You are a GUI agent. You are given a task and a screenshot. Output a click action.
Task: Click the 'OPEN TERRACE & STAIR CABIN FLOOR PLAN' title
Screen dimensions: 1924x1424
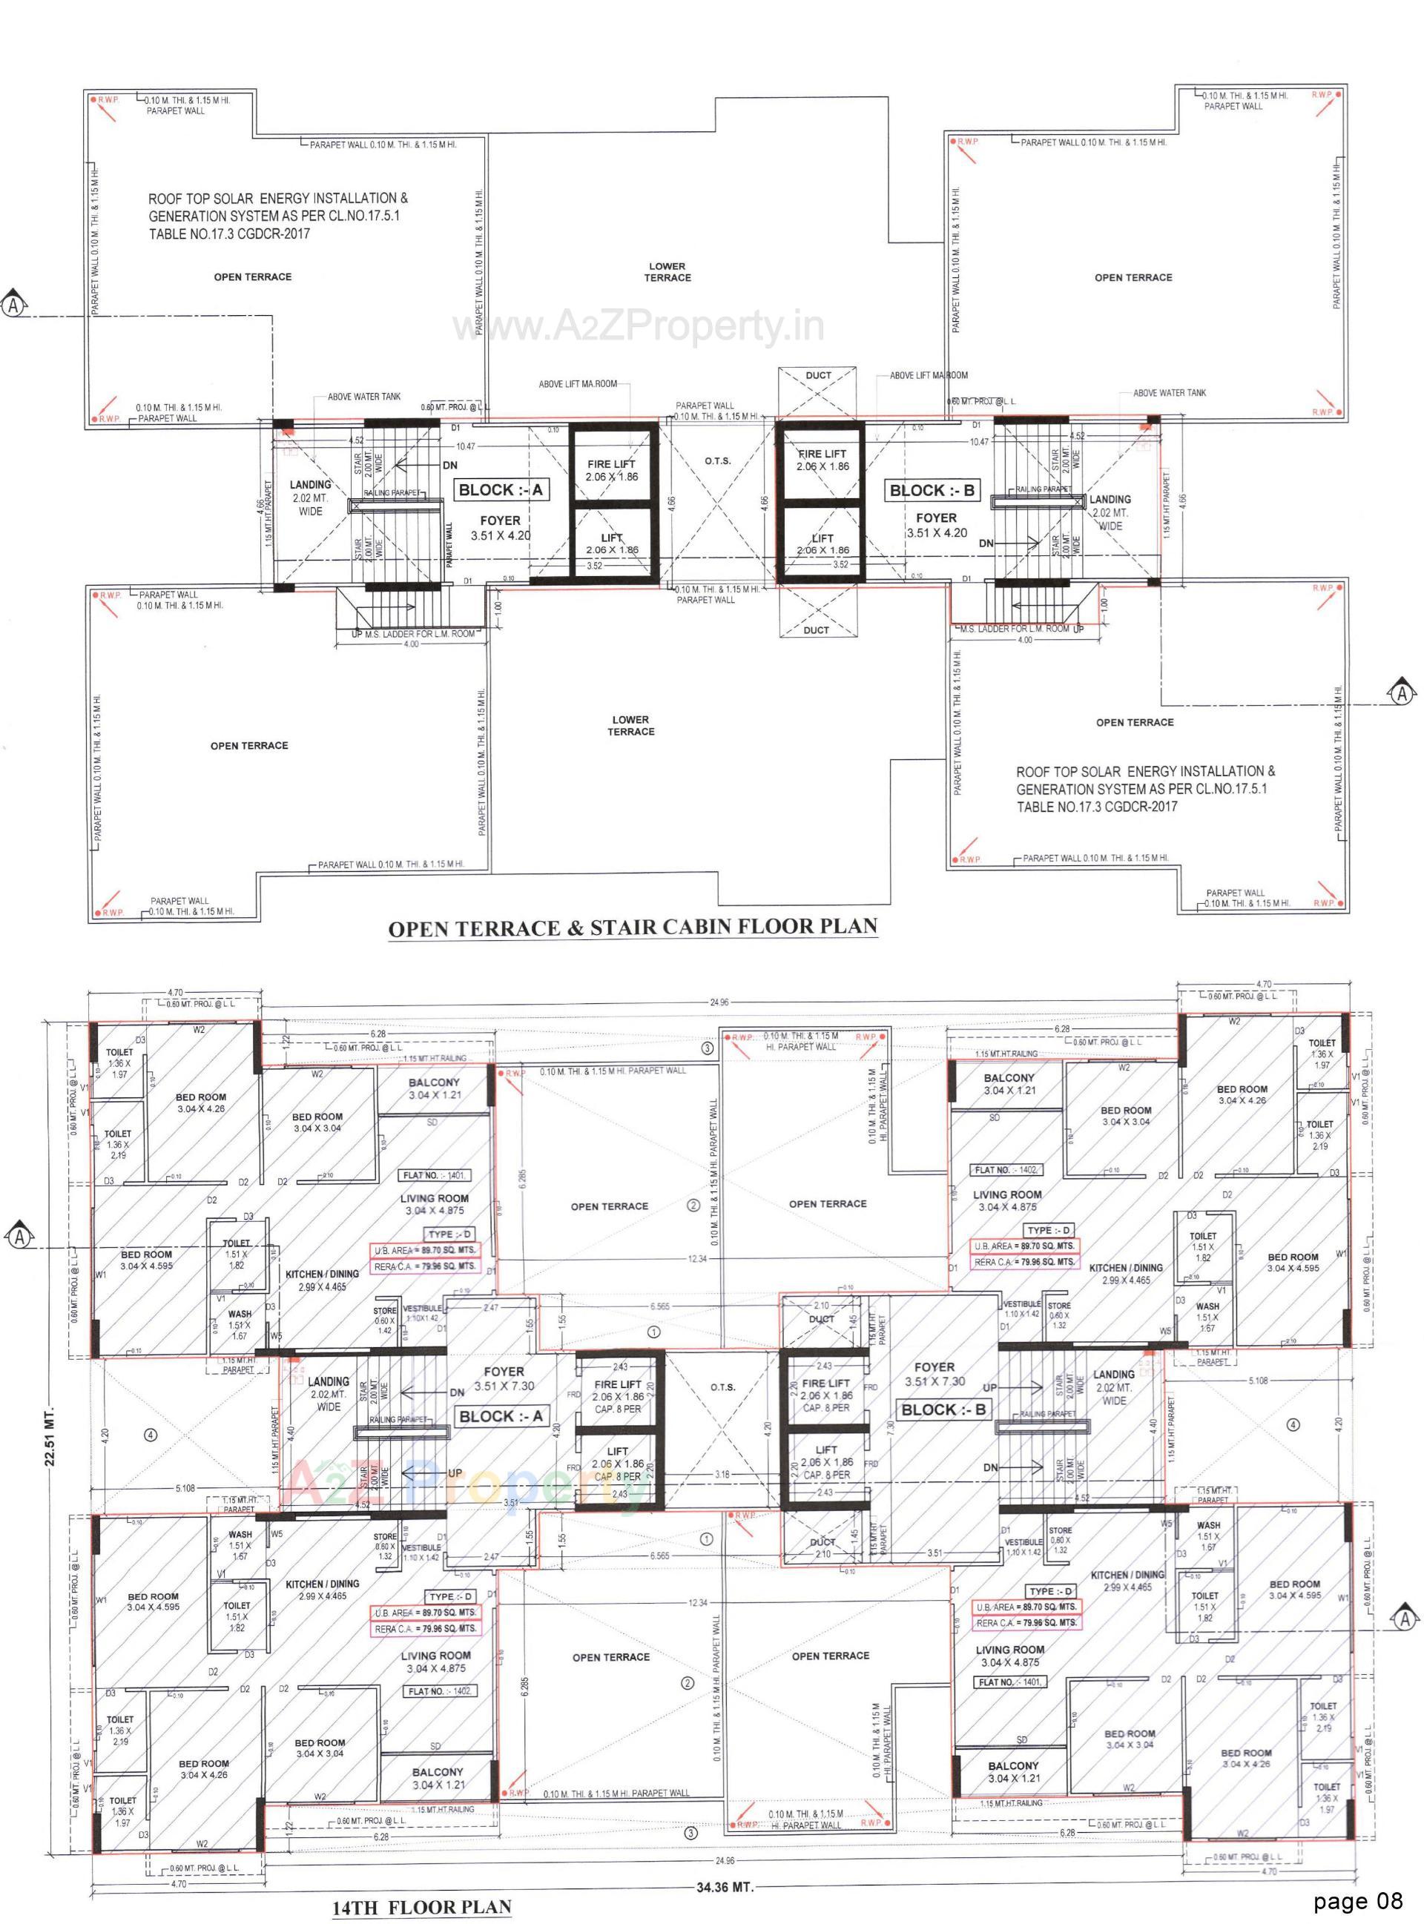632,928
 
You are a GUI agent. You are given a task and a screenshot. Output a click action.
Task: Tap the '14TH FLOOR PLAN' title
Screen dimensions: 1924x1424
421,1906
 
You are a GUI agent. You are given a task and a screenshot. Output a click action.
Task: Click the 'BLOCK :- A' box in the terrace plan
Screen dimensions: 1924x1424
501,490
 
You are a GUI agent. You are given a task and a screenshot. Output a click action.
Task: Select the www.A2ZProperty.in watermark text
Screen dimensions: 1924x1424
639,326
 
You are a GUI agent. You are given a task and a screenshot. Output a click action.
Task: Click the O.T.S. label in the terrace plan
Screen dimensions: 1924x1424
717,461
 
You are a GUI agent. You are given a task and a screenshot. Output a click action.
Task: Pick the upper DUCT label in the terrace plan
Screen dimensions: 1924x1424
818,376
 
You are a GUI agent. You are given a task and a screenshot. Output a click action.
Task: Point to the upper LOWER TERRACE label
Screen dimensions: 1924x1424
667,272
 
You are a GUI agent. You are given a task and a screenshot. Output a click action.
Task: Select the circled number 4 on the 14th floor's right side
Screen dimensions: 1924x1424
1293,1425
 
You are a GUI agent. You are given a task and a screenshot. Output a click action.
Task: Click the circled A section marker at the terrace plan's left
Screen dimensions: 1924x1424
14,307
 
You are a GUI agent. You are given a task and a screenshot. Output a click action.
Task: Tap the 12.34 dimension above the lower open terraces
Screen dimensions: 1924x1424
697,1604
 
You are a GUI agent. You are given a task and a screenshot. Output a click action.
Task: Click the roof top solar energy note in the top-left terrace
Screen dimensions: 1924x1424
277,216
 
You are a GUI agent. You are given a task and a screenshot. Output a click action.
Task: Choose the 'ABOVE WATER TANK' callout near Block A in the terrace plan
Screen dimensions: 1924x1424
363,397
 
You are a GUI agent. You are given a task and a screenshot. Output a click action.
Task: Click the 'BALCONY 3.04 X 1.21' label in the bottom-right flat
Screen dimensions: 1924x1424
1014,1771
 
